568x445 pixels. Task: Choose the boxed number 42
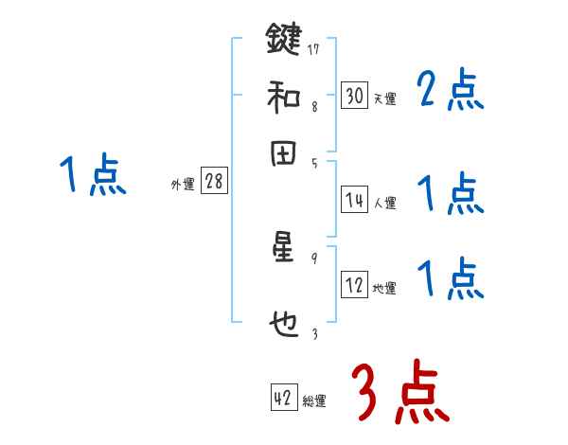pos(283,399)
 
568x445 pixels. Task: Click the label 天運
pos(384,98)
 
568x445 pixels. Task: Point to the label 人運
pos(384,203)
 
